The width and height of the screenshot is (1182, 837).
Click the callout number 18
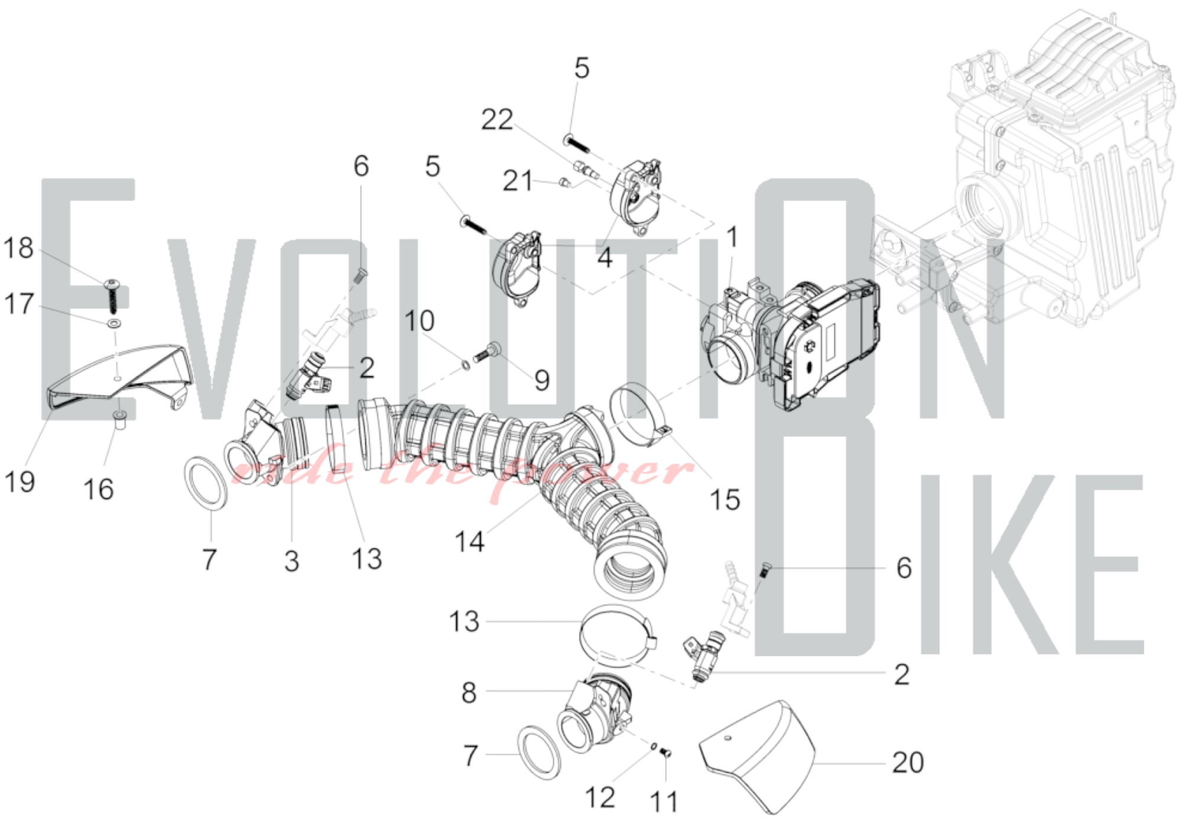click(x=18, y=248)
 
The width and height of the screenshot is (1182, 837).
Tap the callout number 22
click(x=497, y=120)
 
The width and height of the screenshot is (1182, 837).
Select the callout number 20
click(x=908, y=763)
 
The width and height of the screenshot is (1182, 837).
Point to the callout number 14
click(x=469, y=541)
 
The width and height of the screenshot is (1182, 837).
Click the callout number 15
click(x=725, y=500)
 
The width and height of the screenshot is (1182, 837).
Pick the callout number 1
click(x=732, y=237)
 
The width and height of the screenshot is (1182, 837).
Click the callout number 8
click(x=469, y=692)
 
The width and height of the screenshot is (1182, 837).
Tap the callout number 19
click(x=20, y=481)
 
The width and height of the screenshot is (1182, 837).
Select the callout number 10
click(x=419, y=321)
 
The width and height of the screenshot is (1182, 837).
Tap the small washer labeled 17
click(x=113, y=324)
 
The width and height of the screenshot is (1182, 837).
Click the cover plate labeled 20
click(x=762, y=756)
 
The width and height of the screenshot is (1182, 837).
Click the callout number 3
click(x=291, y=561)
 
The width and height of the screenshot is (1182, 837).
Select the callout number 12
click(x=600, y=798)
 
